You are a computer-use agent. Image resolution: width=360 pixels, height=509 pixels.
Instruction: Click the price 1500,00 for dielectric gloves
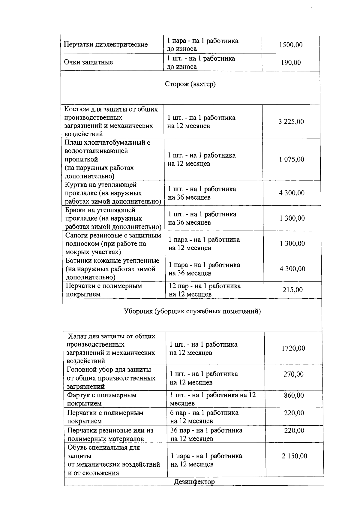pos(291,45)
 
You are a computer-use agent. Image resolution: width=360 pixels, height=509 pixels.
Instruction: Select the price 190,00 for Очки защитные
pos(291,62)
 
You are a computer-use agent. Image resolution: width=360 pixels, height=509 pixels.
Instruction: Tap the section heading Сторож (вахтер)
pos(190,84)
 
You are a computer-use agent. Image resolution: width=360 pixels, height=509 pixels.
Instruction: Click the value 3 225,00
pos(291,122)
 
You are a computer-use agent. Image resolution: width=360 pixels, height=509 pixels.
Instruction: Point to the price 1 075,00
pos(291,159)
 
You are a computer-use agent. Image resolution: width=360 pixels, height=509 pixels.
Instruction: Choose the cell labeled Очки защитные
pos(88,62)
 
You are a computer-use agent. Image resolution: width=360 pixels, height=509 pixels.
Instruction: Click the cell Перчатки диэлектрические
pos(106,45)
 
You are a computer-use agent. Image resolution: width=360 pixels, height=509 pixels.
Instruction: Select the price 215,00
pos(292,290)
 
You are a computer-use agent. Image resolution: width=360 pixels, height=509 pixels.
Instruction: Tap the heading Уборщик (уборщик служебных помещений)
pos(192,312)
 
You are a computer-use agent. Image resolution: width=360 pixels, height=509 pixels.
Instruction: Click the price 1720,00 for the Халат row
pos(293,348)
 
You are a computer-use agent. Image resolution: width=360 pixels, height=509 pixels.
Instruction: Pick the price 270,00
pos(293,374)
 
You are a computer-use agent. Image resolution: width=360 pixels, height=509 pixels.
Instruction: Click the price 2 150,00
pos(294,456)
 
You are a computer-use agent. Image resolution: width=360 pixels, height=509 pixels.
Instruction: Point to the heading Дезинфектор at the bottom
pos(194,482)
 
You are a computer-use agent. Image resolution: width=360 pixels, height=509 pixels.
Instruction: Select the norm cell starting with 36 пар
pos(206,435)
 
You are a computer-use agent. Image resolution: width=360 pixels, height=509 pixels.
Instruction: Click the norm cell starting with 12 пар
pos(205,290)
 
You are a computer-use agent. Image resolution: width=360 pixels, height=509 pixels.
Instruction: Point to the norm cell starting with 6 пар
pos(204,417)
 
